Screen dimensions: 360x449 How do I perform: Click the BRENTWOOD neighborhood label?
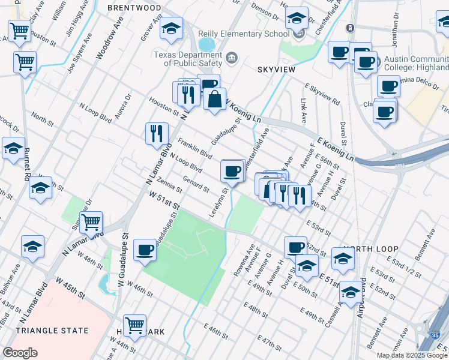[x=134, y=8]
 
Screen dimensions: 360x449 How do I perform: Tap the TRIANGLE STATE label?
[x=52, y=331]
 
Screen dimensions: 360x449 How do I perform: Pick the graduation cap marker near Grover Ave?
[x=171, y=29]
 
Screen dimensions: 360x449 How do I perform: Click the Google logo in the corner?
[x=20, y=352]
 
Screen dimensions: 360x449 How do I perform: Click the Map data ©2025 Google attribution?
[x=412, y=355]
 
